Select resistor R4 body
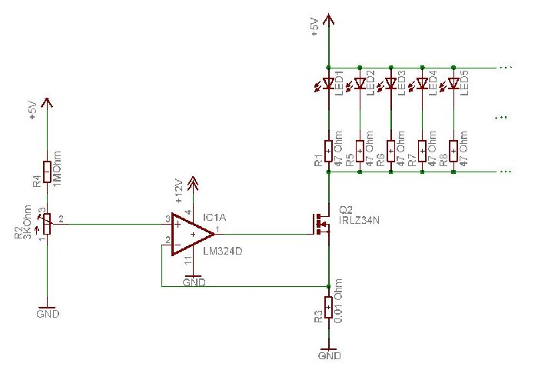(x=48, y=172)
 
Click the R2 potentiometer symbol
(x=48, y=224)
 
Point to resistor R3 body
(x=329, y=308)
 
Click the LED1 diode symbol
(x=328, y=83)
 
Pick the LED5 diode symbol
(x=453, y=83)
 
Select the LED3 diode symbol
(x=390, y=83)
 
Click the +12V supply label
(x=178, y=188)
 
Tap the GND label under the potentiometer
(x=48, y=314)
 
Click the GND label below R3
(x=329, y=356)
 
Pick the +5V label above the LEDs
(x=314, y=28)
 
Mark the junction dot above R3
(x=329, y=286)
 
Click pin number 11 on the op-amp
(x=187, y=262)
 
